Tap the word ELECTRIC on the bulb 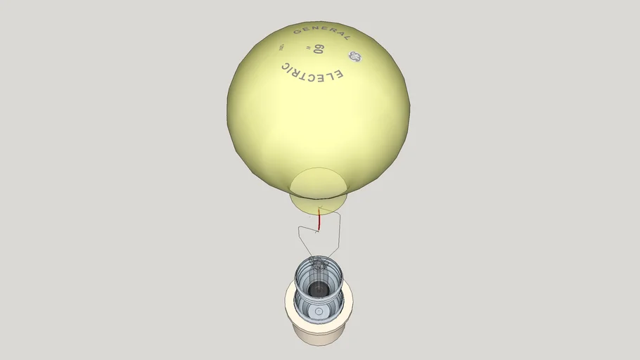(x=312, y=72)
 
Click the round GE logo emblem (x=353, y=58)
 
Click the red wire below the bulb (x=318, y=219)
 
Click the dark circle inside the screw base (x=319, y=288)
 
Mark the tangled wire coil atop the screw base (x=318, y=266)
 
